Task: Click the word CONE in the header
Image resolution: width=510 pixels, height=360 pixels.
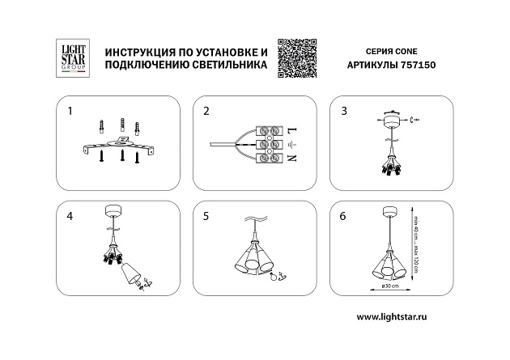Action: pos(401,49)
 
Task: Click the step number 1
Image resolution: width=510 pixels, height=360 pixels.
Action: pos(70,109)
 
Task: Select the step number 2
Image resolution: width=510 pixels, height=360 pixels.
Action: pos(206,109)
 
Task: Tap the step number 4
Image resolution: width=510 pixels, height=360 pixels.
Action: pos(70,216)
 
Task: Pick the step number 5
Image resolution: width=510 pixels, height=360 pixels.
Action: pos(206,216)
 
